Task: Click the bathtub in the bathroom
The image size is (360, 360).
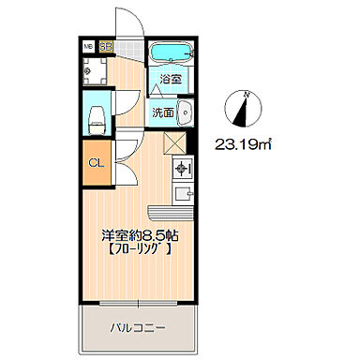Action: coord(170,52)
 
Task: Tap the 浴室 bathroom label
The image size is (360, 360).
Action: coord(170,81)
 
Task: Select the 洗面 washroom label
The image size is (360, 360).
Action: coord(164,112)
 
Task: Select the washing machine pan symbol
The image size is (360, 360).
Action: coord(97,68)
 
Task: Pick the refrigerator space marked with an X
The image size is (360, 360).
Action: coord(175,143)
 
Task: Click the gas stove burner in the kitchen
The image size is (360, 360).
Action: coord(182,170)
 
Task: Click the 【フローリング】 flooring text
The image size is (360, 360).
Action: coord(140,250)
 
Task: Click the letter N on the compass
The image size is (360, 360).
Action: coord(246,94)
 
